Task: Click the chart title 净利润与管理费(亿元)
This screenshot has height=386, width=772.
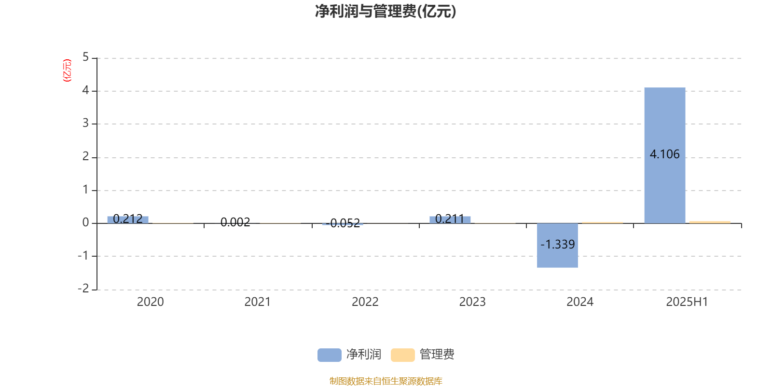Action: [386, 12]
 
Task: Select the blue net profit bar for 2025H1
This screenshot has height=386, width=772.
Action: [665, 155]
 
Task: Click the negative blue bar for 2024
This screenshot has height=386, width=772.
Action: [557, 246]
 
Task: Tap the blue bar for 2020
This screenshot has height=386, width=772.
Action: [128, 220]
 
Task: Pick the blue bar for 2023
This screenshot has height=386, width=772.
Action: [450, 220]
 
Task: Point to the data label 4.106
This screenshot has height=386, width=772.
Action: [664, 154]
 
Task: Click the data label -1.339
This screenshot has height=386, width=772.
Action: [557, 244]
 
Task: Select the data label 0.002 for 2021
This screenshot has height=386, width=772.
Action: [235, 222]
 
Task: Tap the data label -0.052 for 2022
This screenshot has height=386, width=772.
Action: [343, 223]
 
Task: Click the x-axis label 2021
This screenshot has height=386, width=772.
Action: [258, 302]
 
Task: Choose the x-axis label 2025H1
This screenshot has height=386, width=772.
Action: [687, 302]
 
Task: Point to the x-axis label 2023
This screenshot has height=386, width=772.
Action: [472, 302]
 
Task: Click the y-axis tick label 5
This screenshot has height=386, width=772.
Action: [85, 57]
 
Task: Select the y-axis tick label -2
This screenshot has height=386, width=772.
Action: [83, 288]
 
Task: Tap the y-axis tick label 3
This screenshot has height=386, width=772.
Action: [85, 123]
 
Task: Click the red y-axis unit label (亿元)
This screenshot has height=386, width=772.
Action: [67, 70]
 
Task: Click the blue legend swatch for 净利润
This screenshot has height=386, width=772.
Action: [330, 355]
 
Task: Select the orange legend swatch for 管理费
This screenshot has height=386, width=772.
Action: [402, 355]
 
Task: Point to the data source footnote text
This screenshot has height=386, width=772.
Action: [386, 381]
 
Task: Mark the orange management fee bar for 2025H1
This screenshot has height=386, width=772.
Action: [710, 222]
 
